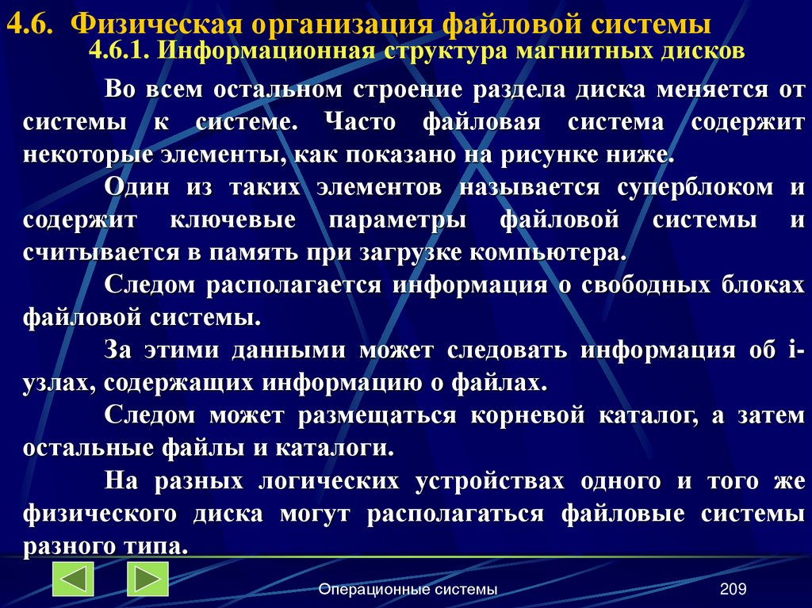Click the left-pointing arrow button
pos(74,579)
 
